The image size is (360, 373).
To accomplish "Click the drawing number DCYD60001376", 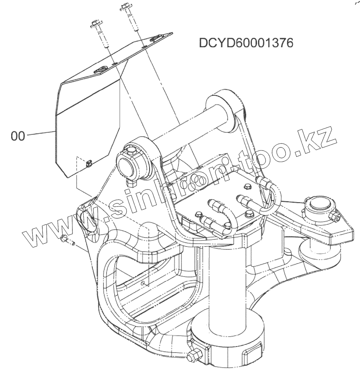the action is point(246,43).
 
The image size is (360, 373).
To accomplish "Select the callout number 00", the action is point(18,136).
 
